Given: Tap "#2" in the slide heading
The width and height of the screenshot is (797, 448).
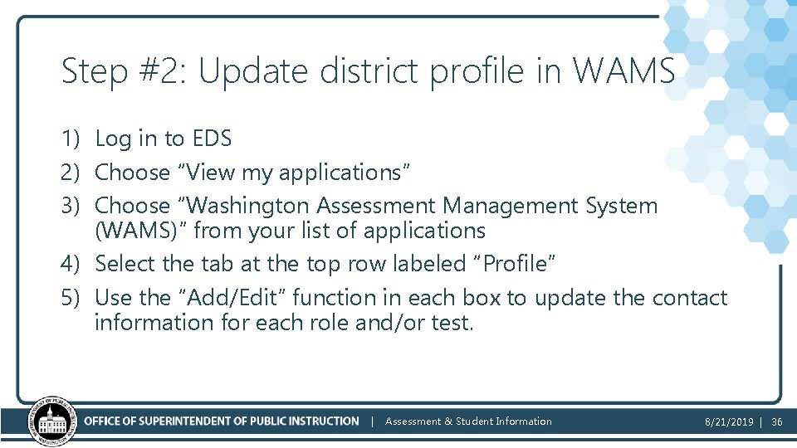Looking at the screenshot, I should [162, 72].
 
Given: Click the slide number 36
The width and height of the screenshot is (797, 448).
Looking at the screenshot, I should [777, 421].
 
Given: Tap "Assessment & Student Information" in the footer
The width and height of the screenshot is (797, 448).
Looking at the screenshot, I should [468, 421].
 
